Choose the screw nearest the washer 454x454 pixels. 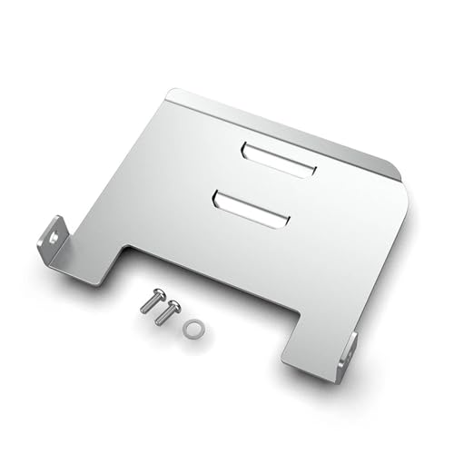click(168, 312)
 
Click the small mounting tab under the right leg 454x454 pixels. click(349, 350)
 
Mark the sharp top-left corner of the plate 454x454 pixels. click(173, 90)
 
